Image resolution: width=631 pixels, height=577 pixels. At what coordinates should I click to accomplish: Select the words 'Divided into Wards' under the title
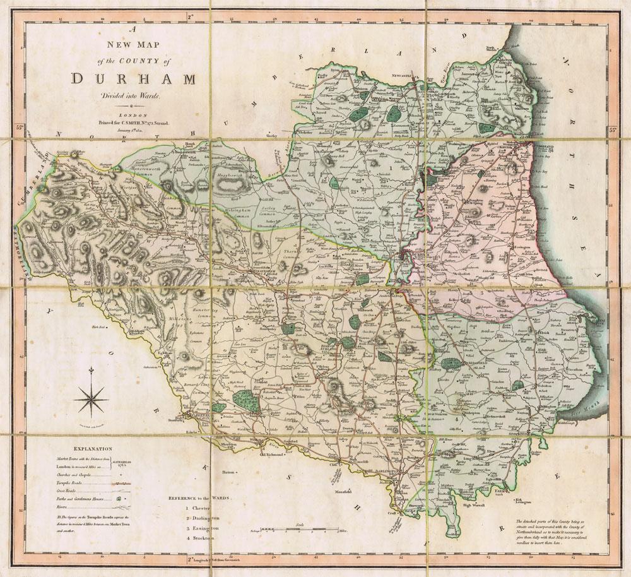124,95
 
